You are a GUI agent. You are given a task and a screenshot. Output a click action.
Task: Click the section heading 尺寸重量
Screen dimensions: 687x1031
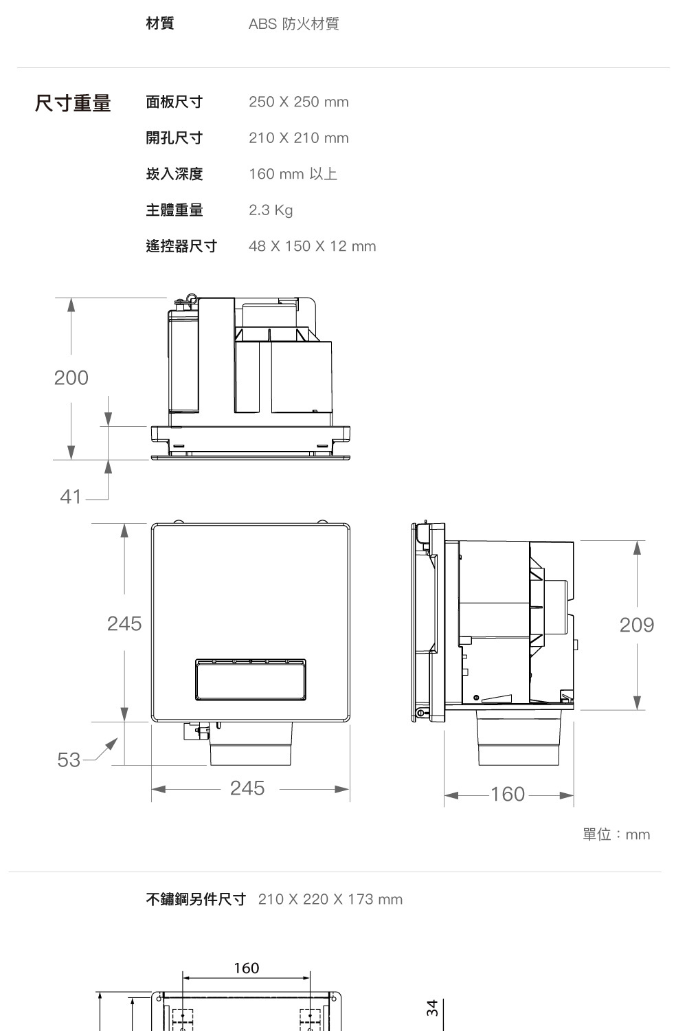[73, 102]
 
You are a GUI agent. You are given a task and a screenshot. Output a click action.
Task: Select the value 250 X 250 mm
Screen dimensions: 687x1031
[299, 102]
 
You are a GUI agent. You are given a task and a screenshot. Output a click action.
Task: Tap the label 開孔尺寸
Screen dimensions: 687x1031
[174, 137]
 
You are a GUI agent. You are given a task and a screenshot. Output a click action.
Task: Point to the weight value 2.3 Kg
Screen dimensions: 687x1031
[271, 210]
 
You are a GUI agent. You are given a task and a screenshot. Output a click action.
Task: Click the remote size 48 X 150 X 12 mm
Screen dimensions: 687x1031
[312, 246]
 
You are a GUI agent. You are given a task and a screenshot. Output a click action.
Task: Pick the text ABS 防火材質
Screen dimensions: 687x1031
[293, 24]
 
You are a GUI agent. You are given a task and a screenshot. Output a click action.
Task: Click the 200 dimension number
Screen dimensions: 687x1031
[71, 378]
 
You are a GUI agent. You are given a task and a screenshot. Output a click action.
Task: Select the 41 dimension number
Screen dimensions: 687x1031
[70, 497]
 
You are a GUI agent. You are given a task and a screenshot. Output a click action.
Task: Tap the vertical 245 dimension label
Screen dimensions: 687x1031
[124, 624]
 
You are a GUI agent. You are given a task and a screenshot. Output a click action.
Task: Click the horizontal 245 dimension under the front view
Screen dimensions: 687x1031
[247, 788]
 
